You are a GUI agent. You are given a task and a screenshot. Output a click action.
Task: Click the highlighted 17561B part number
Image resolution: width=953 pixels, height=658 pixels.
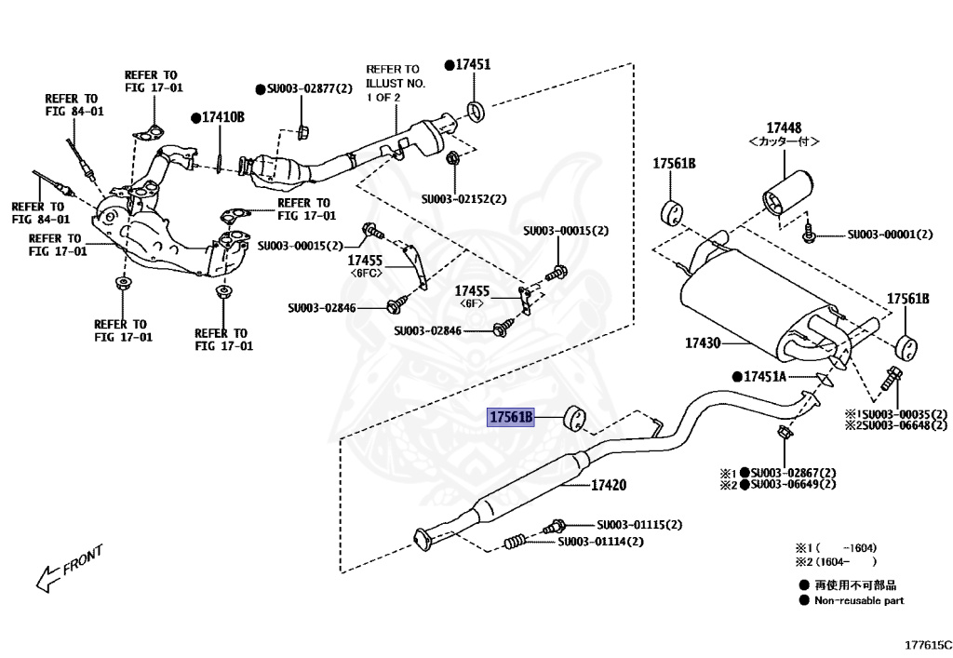pos(512,418)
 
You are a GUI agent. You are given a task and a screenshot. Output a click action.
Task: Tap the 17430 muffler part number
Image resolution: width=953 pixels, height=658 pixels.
pos(703,343)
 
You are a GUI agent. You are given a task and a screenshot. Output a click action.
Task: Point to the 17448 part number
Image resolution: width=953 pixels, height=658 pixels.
pos(784,128)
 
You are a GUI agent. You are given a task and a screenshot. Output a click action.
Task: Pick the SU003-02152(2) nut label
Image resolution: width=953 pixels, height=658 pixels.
pos(463,198)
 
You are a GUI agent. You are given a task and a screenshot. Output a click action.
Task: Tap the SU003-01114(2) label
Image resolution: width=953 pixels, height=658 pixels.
pos(601,541)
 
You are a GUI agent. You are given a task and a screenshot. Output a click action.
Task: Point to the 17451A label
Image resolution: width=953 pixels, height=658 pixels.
pos(764,376)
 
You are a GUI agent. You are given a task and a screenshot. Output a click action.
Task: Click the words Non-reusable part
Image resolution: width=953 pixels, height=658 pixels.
pos(858,600)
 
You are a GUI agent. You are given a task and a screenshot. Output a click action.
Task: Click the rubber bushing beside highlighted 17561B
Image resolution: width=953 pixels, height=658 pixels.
pos(575,420)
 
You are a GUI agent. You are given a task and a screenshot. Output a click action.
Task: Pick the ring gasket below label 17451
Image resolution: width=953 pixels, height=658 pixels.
pos(475,113)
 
